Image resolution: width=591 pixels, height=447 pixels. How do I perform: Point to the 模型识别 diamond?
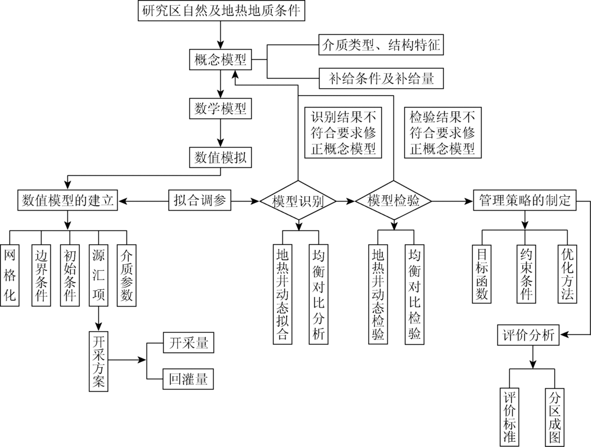coord(298,201)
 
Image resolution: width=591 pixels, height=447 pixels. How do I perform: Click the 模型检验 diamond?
coord(393,201)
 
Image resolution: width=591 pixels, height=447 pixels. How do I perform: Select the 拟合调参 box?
coord(200,200)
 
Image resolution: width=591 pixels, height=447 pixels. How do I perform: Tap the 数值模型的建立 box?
coord(67,200)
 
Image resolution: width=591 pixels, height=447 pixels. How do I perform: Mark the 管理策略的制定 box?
coord(524,200)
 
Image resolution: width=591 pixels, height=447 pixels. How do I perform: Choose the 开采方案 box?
coord(98,361)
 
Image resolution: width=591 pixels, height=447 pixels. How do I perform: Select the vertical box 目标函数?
coord(482,274)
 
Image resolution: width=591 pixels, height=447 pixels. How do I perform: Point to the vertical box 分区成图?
coord(554,416)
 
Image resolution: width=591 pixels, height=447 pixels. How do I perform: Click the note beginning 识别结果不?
coord(343,132)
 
